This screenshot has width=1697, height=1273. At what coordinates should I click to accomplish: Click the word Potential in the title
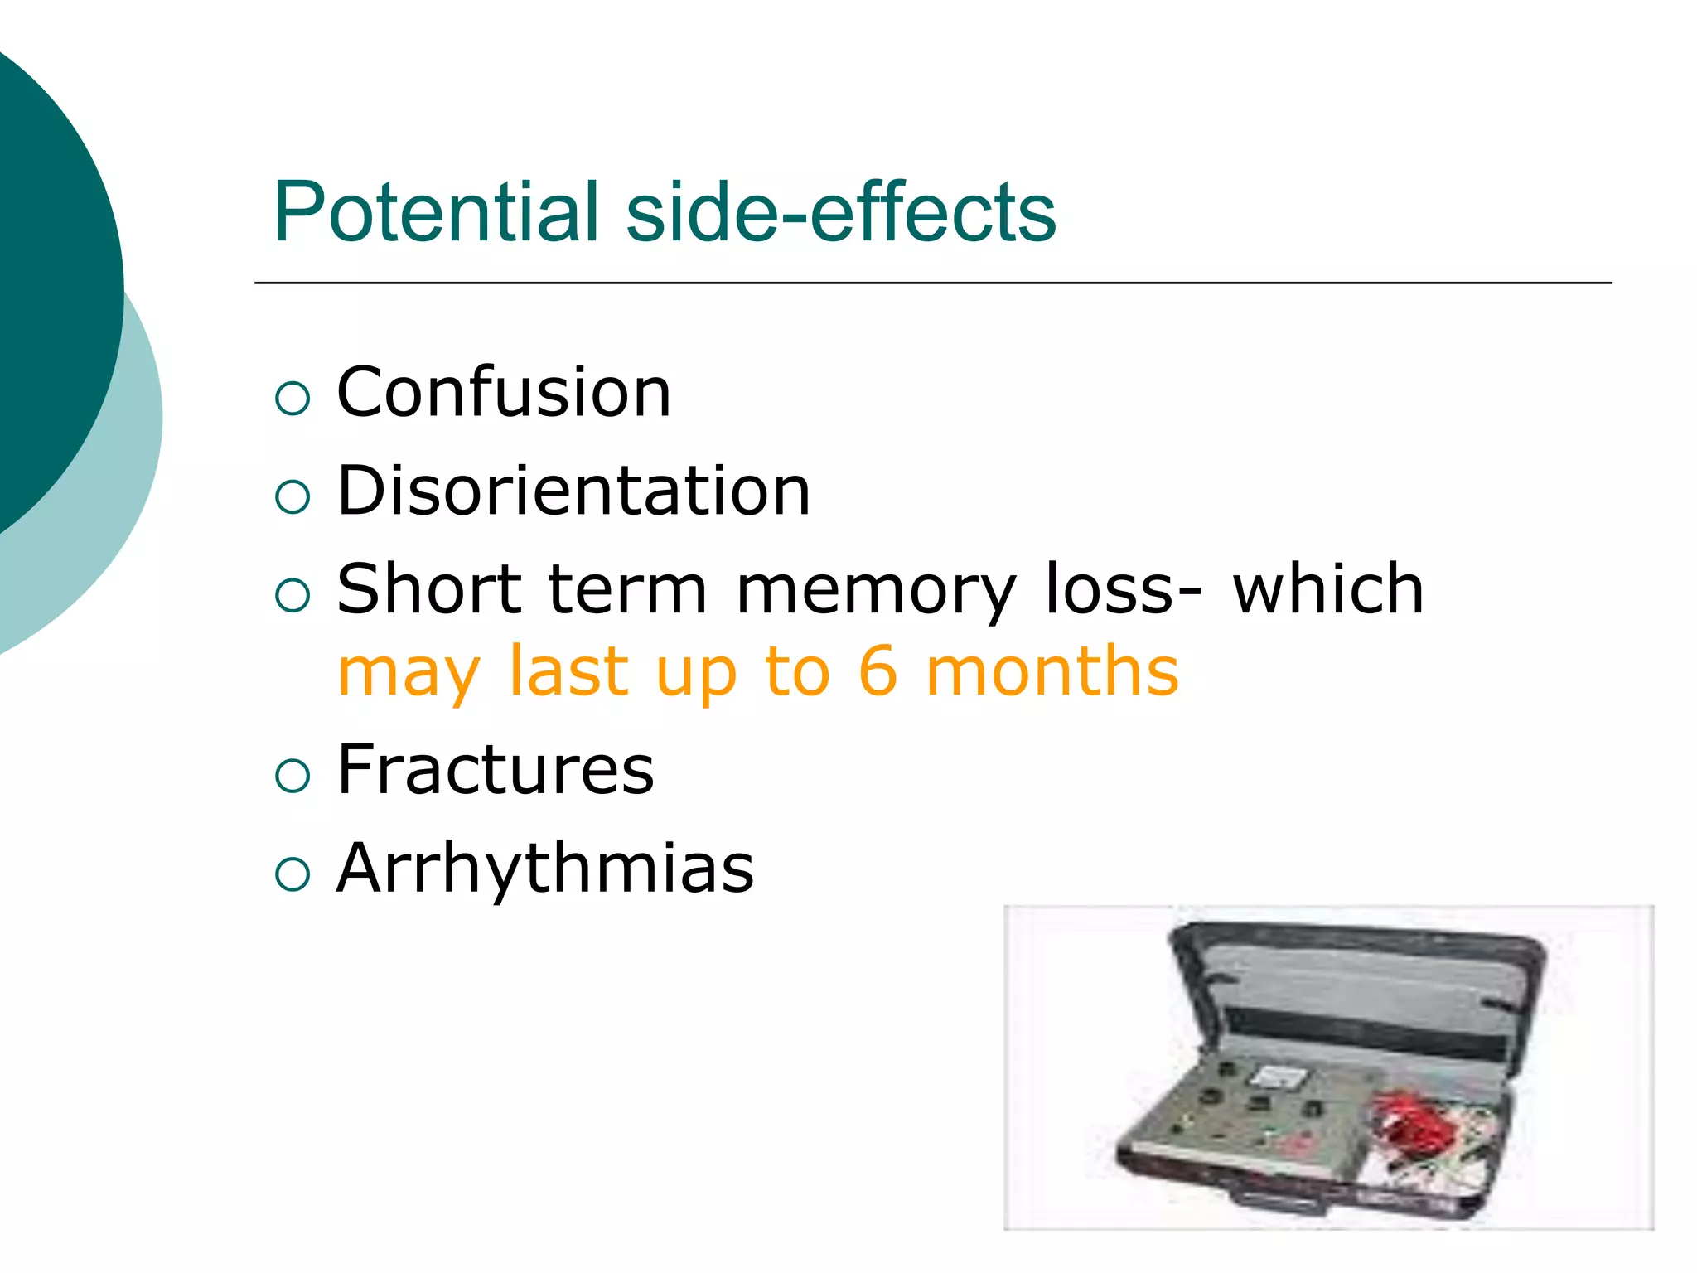(x=435, y=212)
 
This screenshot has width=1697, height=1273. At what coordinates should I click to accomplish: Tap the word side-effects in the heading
(x=840, y=212)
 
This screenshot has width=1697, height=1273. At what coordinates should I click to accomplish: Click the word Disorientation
(x=573, y=491)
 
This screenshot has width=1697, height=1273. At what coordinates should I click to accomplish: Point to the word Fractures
(x=496, y=770)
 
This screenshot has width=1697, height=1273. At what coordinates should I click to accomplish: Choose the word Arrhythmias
(x=545, y=868)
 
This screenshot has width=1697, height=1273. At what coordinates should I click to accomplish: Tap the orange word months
(x=1052, y=670)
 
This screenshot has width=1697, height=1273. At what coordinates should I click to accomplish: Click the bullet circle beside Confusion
(x=293, y=399)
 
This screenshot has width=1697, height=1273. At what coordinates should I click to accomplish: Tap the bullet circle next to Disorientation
(x=293, y=497)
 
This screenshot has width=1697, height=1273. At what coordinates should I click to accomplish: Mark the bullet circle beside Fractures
(x=293, y=776)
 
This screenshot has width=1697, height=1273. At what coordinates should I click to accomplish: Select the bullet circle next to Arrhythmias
(x=293, y=874)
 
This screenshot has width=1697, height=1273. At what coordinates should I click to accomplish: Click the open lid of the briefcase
(x=1359, y=995)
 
